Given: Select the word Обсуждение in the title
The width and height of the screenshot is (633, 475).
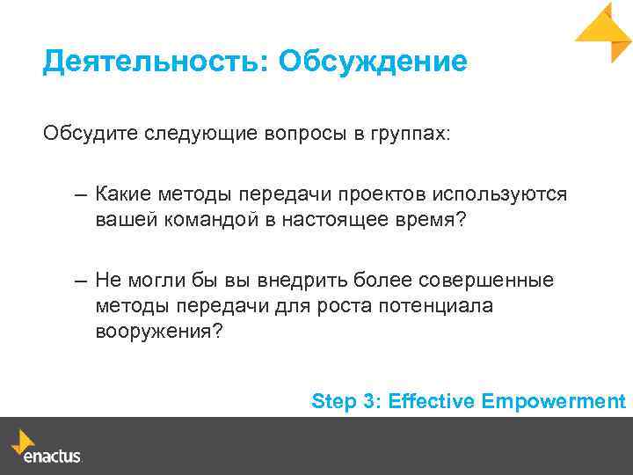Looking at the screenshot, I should (x=372, y=62).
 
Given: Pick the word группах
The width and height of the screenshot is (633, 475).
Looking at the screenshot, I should (x=410, y=135).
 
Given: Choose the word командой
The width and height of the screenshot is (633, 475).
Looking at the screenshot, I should (x=208, y=220).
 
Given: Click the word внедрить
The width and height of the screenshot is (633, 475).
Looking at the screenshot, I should (x=302, y=281).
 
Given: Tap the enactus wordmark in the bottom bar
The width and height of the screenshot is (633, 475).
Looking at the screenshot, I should (x=52, y=457).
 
